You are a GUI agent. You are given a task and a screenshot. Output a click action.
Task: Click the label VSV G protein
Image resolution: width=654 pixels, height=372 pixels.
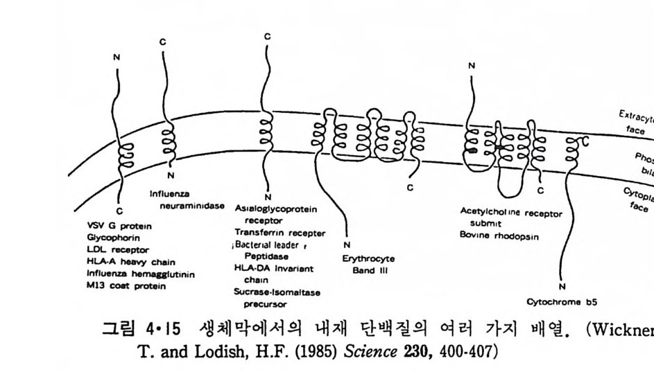119,225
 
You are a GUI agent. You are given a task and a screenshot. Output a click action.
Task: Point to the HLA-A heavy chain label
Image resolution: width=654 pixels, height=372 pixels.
130,261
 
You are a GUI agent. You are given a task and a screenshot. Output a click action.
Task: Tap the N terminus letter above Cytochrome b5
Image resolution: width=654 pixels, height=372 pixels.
562,287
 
